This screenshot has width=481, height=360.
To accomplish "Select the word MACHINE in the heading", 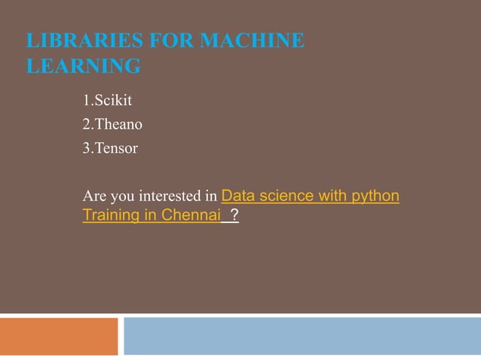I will pos(253,40).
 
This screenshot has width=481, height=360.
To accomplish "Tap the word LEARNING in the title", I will pos(83,67).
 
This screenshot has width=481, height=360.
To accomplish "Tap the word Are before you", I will pos(93,197).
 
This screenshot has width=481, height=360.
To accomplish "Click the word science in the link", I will pos(284,197).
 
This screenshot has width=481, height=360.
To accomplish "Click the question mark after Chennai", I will pos(234,216).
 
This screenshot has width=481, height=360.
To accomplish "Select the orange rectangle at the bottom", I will pos(59,336).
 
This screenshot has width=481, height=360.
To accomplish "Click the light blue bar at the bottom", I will pos(302,336).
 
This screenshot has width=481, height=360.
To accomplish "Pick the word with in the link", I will pos(331,197).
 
